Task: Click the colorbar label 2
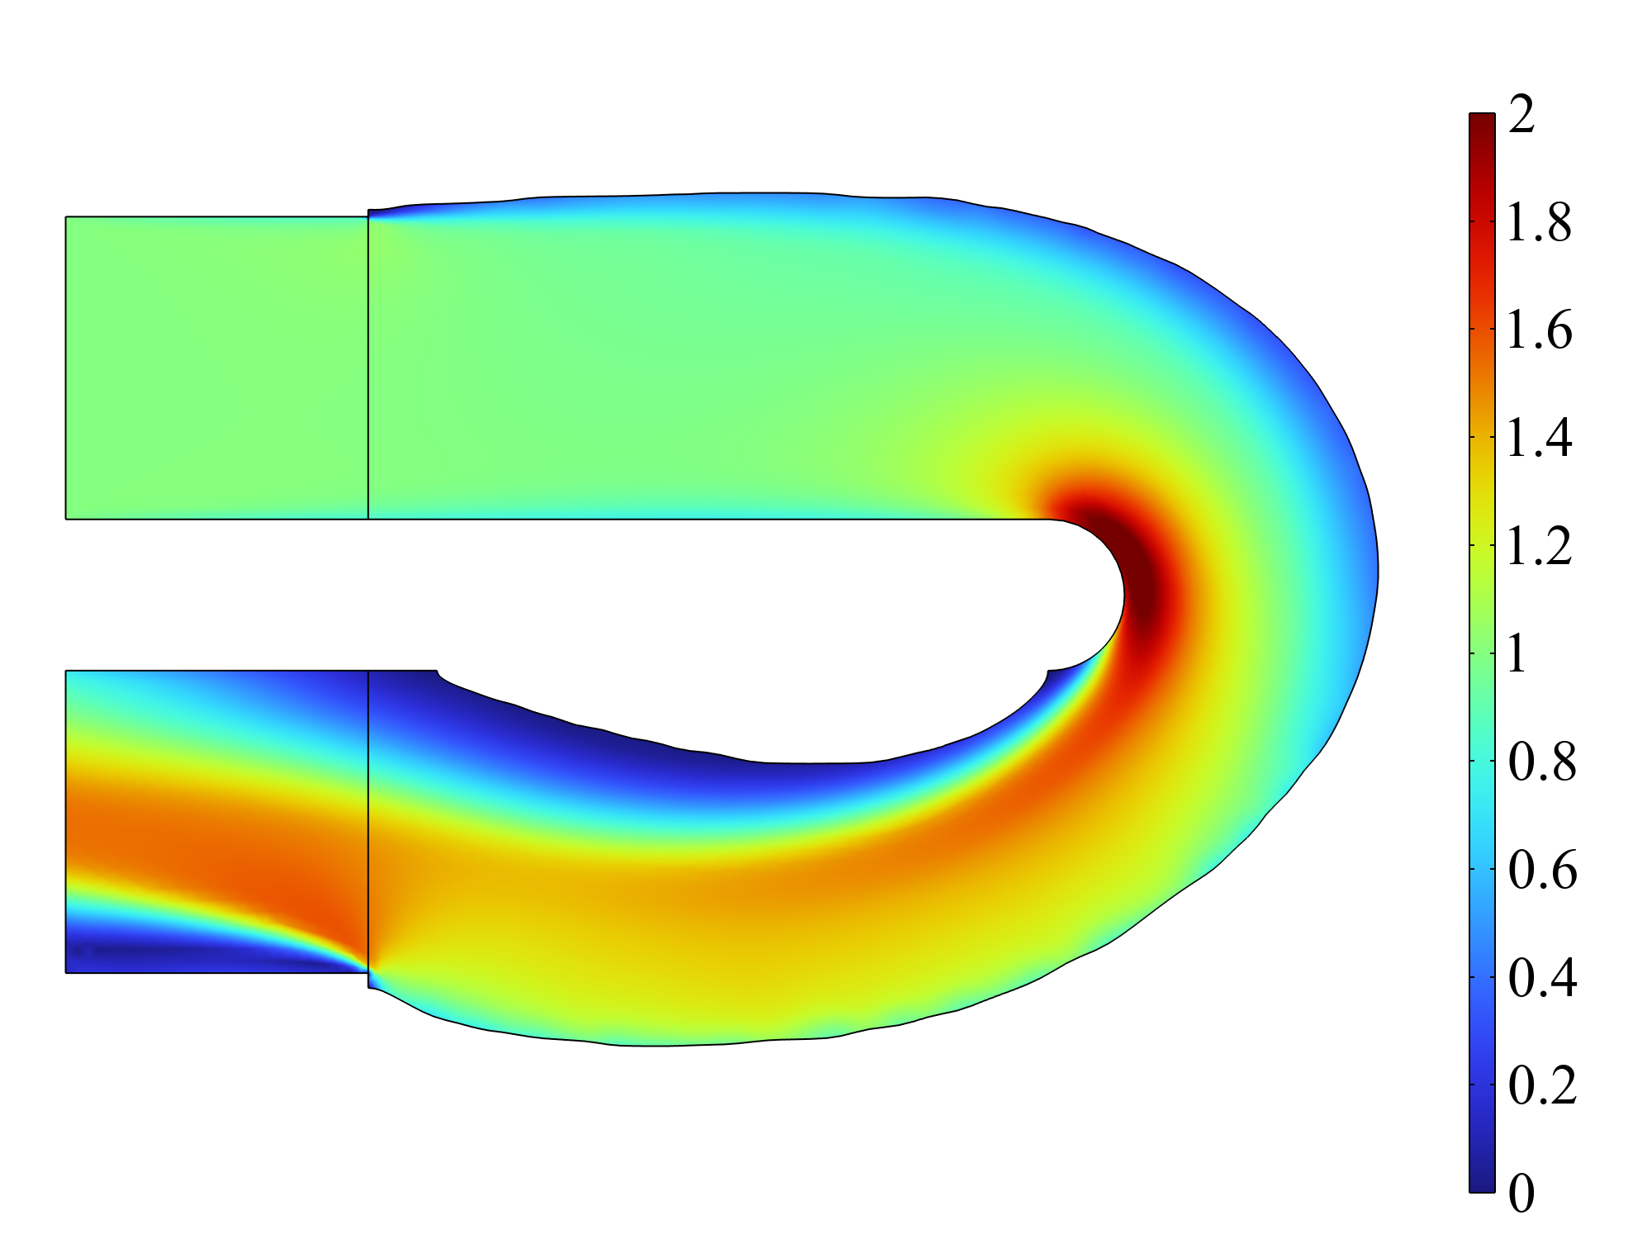coord(1521,114)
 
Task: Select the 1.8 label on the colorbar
coord(1539,222)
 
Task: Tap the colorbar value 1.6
coord(1539,330)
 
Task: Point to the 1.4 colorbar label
coord(1539,438)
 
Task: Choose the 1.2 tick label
coord(1539,546)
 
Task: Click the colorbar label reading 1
coord(1517,654)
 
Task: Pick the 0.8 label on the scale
coord(1542,762)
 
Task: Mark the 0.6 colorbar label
coord(1542,870)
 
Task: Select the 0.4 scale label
coord(1542,978)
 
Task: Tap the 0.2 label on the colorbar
coord(1542,1085)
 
